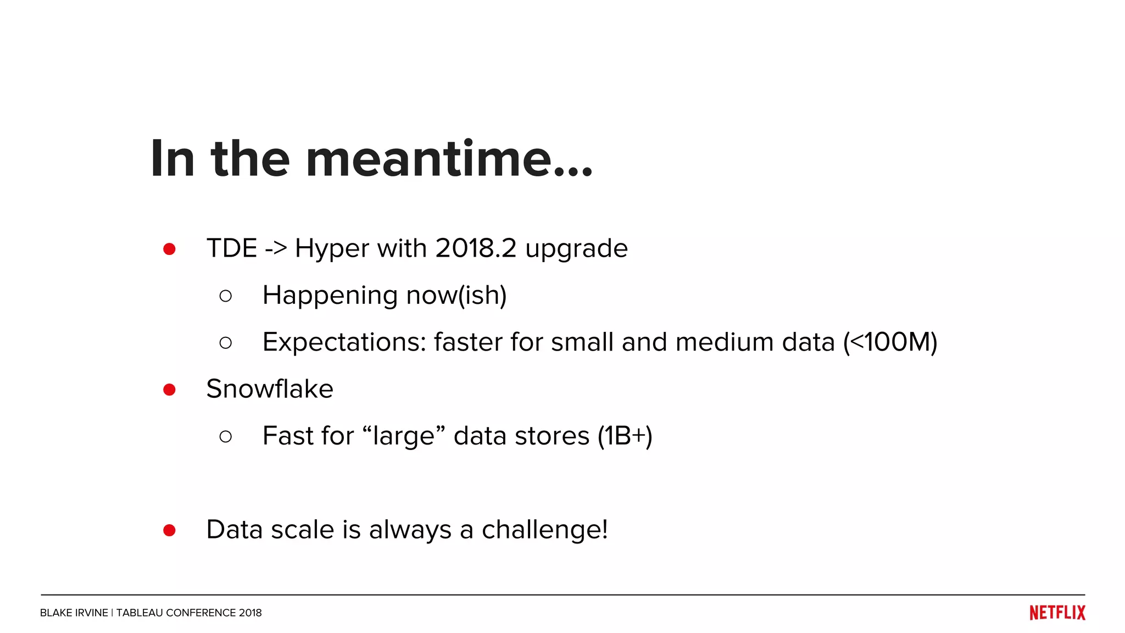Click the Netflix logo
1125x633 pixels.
(1057, 613)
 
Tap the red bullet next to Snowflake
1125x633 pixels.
(169, 390)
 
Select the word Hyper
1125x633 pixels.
(332, 249)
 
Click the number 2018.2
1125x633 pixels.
(476, 248)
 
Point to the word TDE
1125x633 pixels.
(231, 248)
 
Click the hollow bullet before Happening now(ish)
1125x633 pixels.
(225, 296)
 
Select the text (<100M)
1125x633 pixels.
(890, 342)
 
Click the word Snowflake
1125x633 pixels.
(270, 389)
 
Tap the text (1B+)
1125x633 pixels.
(625, 436)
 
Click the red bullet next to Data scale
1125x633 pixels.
(169, 530)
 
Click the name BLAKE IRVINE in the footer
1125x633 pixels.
(74, 613)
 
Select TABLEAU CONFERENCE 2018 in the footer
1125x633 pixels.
(189, 613)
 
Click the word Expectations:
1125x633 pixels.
(344, 342)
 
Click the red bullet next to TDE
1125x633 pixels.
(169, 249)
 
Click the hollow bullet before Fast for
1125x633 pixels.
(225, 436)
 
